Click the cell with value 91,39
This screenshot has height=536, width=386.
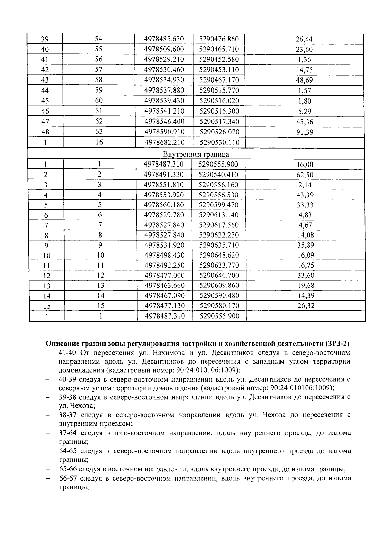[304, 132]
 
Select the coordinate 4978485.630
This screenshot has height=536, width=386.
[164, 39]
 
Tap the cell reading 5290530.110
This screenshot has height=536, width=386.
[219, 142]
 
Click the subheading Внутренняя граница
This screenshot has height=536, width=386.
[196, 154]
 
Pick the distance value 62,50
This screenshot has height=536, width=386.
[304, 175]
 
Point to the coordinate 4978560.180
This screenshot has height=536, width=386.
[164, 205]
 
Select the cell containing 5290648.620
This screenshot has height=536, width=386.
[219, 255]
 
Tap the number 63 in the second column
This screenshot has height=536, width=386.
[99, 132]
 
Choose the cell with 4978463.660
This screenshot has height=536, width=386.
[164, 286]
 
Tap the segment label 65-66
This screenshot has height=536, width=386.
[68, 469]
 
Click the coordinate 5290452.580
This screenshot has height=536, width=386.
[219, 59]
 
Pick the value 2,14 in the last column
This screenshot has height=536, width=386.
[304, 185]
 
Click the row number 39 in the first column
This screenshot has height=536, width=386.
[45, 39]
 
